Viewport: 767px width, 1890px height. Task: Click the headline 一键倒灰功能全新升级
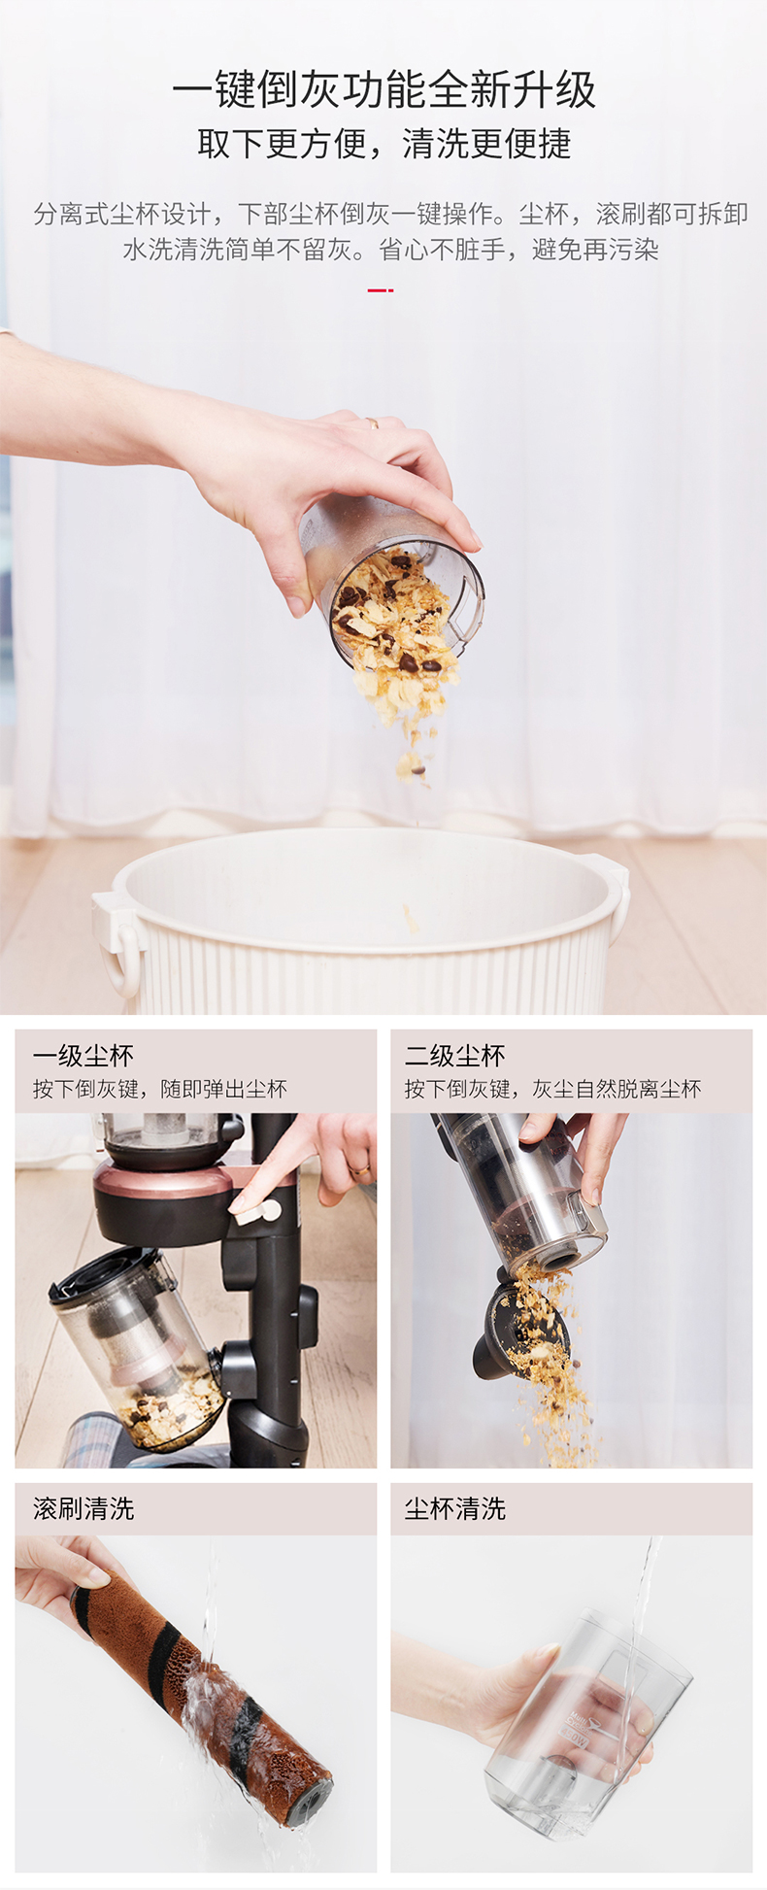coord(383,90)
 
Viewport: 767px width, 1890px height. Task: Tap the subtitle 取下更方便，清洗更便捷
coord(383,144)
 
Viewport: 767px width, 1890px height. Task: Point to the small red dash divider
coord(380,289)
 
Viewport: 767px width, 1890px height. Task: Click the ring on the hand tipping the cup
coord(372,422)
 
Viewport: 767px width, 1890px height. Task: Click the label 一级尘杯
coord(83,1056)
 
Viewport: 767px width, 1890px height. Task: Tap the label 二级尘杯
coord(455,1056)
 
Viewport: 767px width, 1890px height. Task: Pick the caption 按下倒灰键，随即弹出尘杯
coord(160,1090)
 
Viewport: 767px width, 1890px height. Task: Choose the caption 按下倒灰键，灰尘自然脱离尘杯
coord(552,1090)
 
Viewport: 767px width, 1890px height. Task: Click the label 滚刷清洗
coord(83,1508)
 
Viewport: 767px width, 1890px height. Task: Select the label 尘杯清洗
coord(455,1508)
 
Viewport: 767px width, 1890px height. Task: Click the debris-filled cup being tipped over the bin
coord(393,583)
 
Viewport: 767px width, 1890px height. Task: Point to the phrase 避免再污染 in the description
coord(595,250)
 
